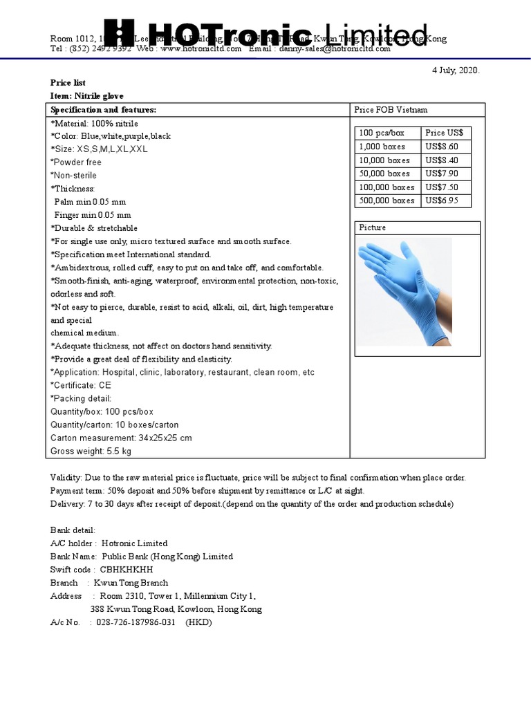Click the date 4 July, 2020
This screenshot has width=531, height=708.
coord(455,71)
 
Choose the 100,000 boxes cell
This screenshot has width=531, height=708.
coord(386,187)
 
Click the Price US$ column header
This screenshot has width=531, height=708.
coord(445,133)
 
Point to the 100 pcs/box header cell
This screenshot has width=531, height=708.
coord(382,133)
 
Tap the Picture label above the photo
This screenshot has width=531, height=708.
coord(373,227)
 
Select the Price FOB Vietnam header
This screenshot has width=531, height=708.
coord(391,110)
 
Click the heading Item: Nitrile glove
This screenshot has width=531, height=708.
coord(87,96)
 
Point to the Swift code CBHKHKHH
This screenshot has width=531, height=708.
coord(127,570)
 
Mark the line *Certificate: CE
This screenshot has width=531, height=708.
coord(81,385)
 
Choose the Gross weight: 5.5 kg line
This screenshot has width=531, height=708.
coord(91,451)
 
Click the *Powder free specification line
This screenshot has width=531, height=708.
coord(77,162)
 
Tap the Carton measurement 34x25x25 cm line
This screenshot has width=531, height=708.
coord(121,438)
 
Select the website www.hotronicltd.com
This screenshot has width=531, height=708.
coord(203,48)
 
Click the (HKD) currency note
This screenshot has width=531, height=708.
coord(198,622)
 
